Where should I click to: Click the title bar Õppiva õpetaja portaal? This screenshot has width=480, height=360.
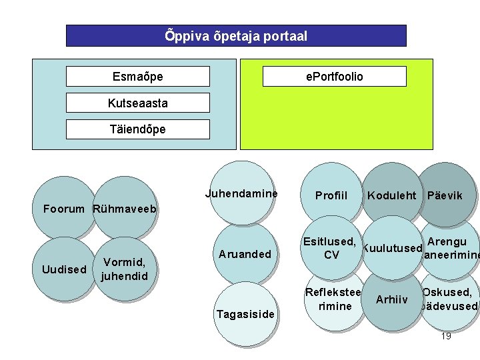(236, 36)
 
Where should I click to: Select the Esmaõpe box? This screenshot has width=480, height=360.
(137, 77)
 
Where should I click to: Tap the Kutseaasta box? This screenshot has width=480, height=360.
(137, 103)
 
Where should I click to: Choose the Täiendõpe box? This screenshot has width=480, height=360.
(137, 129)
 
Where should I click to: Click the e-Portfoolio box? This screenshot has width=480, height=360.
(334, 77)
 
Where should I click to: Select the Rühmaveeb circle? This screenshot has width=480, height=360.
(125, 207)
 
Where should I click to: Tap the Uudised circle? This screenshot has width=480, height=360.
(64, 269)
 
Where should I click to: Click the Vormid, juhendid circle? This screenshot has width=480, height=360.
(125, 269)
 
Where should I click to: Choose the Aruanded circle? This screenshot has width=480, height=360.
(245, 254)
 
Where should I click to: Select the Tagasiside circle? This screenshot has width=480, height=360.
(245, 314)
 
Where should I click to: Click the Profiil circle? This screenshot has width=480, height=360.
(331, 195)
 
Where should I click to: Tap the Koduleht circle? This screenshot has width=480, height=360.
(392, 195)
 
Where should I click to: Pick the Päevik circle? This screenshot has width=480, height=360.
(445, 195)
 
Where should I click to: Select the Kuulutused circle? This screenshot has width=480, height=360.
(392, 248)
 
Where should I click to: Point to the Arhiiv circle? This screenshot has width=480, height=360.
(392, 300)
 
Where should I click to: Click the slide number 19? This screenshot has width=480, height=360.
(446, 336)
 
